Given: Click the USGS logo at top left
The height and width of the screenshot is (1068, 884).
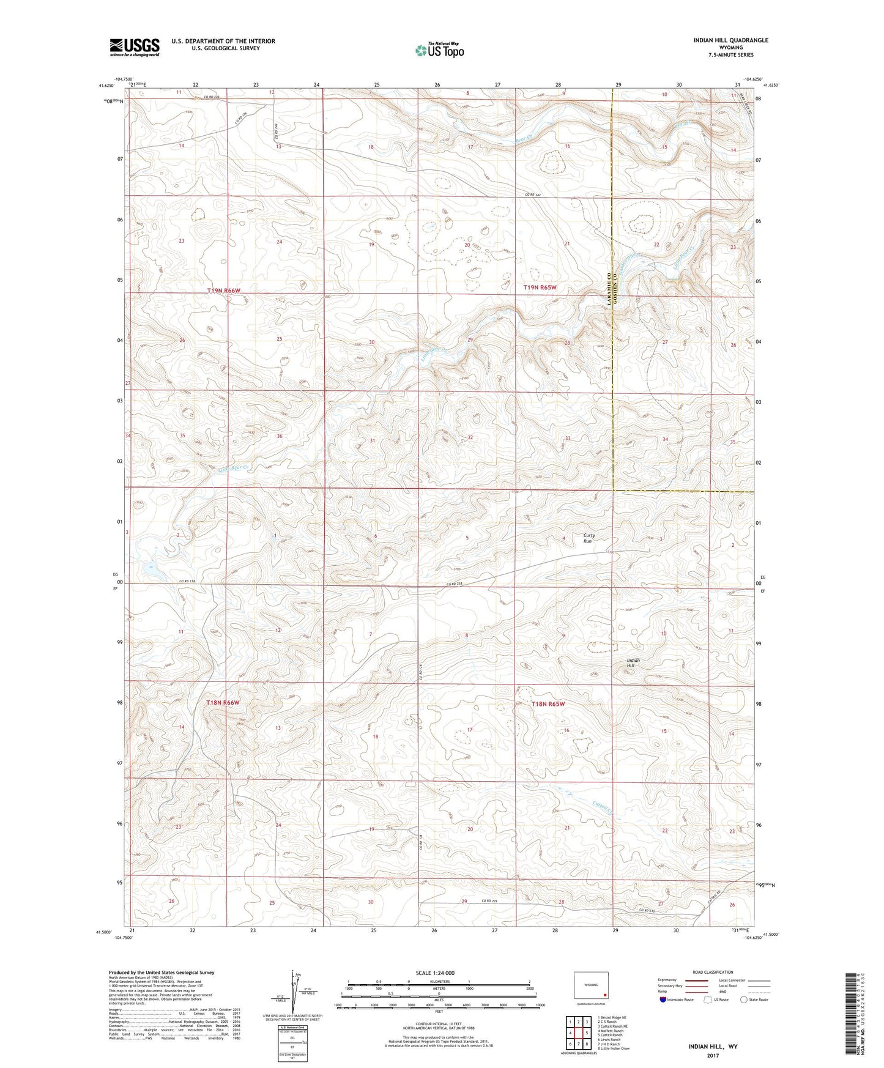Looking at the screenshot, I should coord(134,47).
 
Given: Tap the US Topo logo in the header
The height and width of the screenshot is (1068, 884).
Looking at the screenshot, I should coord(439,50).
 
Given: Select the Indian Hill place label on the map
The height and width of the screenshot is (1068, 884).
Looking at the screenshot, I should coord(633,663).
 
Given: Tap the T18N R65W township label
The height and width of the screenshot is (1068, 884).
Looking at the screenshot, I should coord(548,704).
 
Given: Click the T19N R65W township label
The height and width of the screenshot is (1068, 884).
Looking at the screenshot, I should coord(540,287).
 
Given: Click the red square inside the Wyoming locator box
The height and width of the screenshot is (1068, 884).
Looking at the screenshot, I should coord(604,994).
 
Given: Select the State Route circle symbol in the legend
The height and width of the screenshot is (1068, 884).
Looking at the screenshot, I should coord(744,999).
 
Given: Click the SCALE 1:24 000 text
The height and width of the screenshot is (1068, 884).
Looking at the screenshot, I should coord(438,973).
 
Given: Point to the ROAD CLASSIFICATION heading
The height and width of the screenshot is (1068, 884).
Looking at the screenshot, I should coord(713,972).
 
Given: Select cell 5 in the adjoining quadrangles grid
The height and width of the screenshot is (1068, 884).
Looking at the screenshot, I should coord(586,1033).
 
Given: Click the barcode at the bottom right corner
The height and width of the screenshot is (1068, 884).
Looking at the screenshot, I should coord(850,1018).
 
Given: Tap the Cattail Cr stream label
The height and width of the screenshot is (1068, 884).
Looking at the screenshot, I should coord(603,808).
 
